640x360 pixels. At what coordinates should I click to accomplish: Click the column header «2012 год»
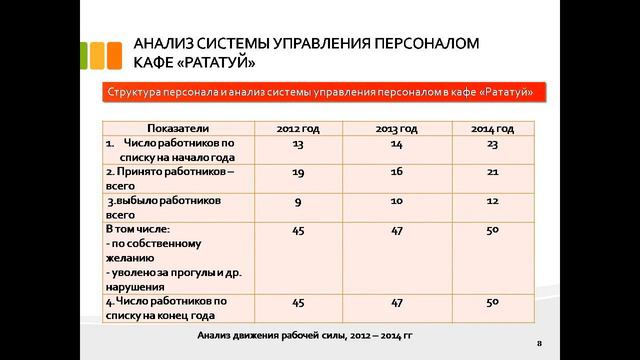tap(297, 129)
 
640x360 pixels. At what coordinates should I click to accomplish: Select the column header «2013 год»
tap(395, 129)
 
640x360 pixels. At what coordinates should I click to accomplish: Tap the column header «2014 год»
tap(491, 129)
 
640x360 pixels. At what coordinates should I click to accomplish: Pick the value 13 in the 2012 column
tap(297, 144)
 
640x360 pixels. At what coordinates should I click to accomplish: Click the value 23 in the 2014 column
tap(491, 144)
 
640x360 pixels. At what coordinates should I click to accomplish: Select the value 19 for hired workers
tap(297, 172)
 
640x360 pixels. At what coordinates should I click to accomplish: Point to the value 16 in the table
tap(395, 172)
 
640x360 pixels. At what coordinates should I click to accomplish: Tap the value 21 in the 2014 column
tap(491, 172)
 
